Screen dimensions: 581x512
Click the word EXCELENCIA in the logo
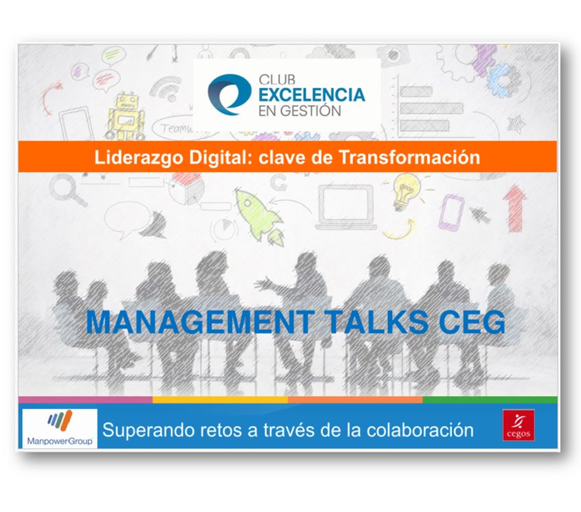[x=312, y=95]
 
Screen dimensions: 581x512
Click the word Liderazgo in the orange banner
[x=139, y=157]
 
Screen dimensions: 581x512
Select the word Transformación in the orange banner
[x=409, y=157]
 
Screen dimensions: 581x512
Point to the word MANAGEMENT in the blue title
[x=200, y=322]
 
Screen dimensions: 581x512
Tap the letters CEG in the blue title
[x=471, y=322]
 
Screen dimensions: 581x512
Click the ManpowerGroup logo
[x=60, y=428]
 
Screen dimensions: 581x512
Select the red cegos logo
[x=519, y=426]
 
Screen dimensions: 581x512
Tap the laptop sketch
[x=348, y=207]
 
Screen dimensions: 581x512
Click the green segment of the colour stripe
[x=490, y=400]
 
